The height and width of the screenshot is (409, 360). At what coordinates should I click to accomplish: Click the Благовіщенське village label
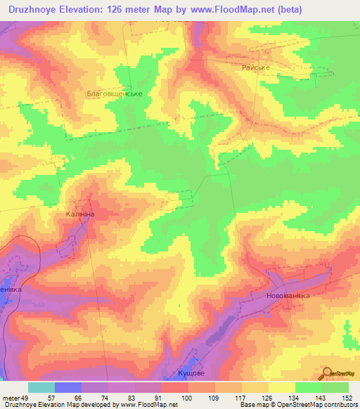114,93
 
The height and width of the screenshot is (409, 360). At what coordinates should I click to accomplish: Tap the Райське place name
256,67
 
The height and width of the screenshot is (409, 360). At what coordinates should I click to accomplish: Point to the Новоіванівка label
288,295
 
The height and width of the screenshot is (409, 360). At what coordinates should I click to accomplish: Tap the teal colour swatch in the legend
41,387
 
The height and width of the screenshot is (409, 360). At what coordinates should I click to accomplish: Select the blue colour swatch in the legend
68,387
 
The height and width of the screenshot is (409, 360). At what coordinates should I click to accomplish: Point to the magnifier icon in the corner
328,374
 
